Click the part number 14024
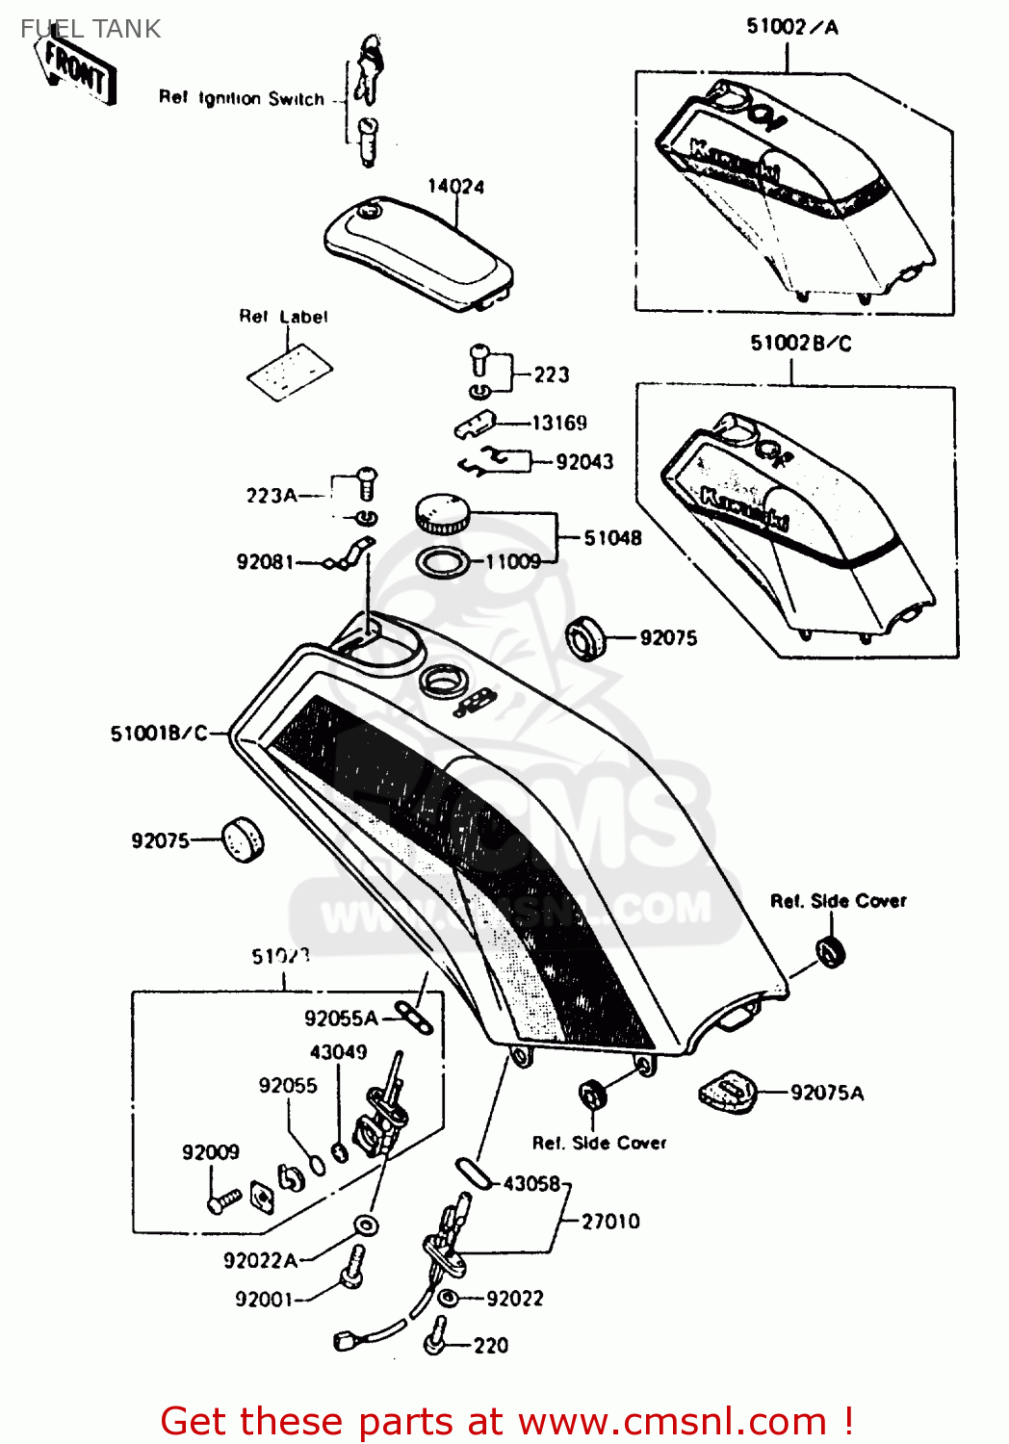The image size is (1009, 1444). pos(456,186)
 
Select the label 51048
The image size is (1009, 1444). pos(612,538)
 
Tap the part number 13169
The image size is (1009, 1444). pos(559,423)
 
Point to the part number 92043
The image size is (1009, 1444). pos(584,462)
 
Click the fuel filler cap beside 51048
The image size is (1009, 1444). pos(443,512)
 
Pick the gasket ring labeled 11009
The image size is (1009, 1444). pos(443,561)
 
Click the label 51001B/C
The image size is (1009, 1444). pos(159,734)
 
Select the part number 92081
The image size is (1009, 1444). pos(265,561)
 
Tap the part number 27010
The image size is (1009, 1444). pos(610,1222)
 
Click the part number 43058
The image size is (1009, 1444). pos(531,1183)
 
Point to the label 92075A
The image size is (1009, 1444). pos(827,1093)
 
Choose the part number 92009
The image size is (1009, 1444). pos(211,1152)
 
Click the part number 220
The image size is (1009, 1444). pos(491,1346)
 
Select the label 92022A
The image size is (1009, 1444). pos(260,1260)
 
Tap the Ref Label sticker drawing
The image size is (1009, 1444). pos(290,372)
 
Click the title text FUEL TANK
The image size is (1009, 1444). pos(91,29)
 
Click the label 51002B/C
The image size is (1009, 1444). pos(801,344)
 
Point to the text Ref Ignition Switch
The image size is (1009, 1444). pos(242,98)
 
